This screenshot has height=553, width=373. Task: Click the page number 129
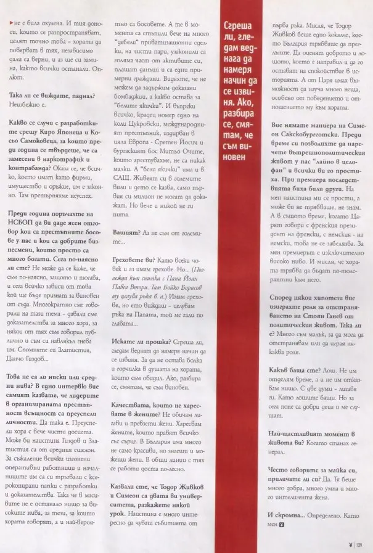click(361, 544)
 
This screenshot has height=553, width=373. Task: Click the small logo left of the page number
click(351, 544)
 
